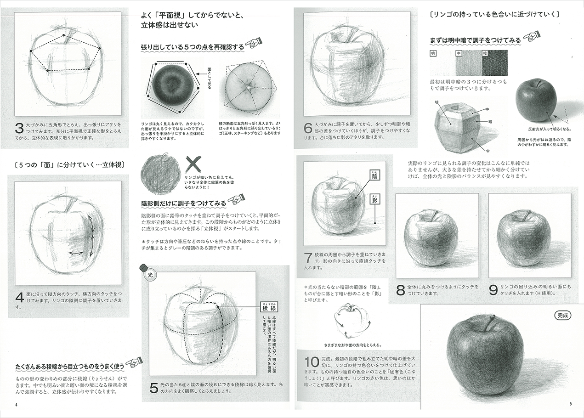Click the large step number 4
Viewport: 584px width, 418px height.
(x=19, y=298)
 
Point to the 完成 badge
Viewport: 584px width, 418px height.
(x=562, y=316)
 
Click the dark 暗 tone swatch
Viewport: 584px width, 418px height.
(x=495, y=63)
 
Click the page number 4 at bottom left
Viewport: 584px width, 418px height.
(x=16, y=405)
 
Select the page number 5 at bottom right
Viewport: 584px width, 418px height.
(x=570, y=404)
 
